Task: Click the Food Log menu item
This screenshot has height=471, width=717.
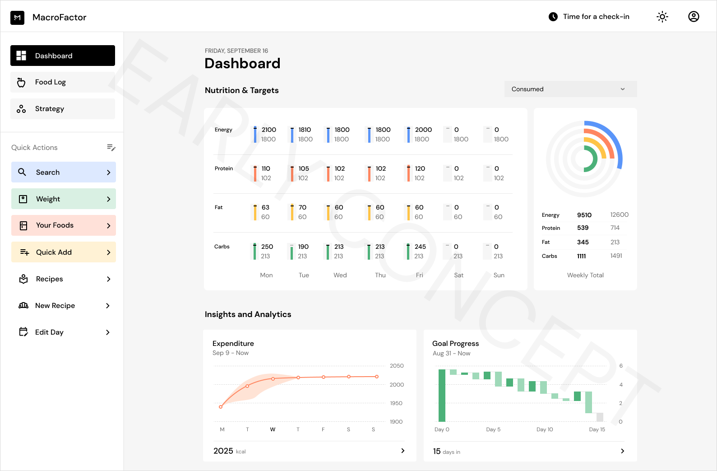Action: click(63, 82)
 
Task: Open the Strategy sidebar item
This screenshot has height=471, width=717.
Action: click(63, 109)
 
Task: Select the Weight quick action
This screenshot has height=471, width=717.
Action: click(63, 199)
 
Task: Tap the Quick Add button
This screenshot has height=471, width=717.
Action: click(63, 252)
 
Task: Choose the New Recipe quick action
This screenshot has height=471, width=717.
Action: click(63, 306)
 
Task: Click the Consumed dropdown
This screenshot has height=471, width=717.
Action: click(570, 89)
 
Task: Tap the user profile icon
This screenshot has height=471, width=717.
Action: click(694, 17)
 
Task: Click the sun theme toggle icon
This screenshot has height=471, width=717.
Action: click(662, 17)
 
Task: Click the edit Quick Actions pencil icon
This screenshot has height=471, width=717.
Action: click(111, 147)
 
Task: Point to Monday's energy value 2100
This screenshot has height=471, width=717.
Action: click(269, 130)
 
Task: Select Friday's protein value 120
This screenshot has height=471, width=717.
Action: click(420, 168)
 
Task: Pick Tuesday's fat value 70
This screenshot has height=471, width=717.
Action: click(302, 207)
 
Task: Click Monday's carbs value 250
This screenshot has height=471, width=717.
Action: click(267, 247)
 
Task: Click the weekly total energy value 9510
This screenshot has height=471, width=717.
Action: click(584, 215)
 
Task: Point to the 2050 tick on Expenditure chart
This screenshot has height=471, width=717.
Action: click(397, 366)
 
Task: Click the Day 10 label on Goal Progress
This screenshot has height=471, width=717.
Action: click(545, 429)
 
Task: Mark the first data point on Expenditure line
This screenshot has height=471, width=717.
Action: click(221, 407)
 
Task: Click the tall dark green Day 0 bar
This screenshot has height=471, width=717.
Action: click(442, 396)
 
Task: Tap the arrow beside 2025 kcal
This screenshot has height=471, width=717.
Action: click(402, 451)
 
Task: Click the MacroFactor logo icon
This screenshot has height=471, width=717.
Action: click(17, 18)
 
